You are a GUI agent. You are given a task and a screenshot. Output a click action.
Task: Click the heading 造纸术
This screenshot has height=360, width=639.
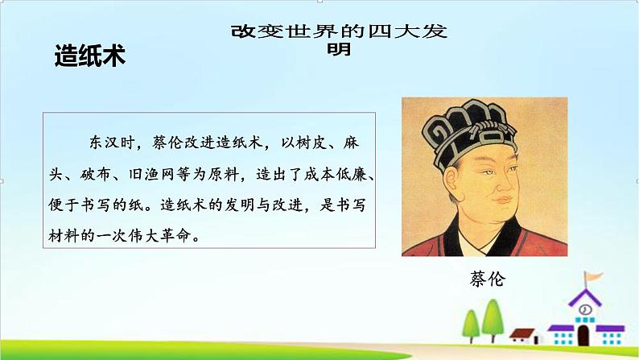pyautogui.click(x=89, y=56)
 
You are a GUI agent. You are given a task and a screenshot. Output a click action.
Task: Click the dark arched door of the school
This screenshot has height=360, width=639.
pyautogui.click(x=586, y=337)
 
